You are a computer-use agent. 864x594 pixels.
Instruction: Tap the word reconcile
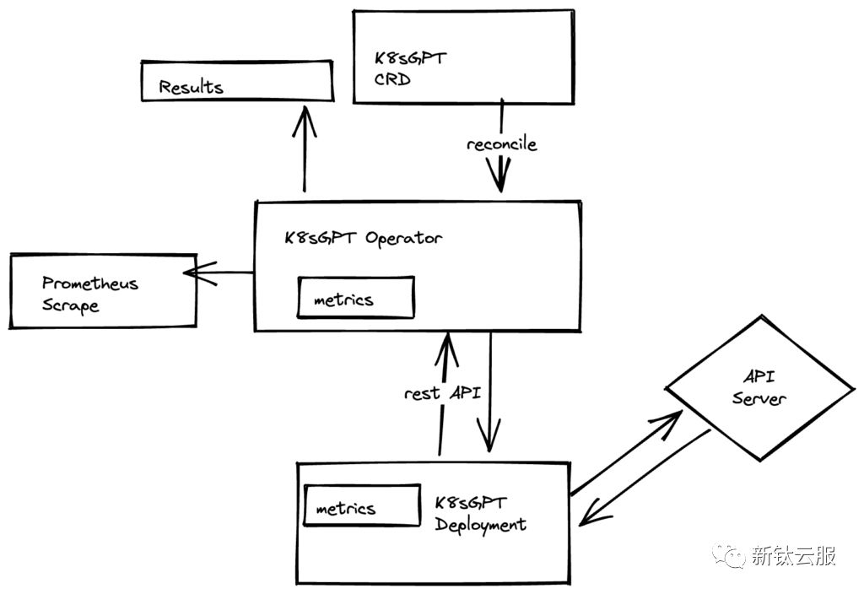tap(502, 144)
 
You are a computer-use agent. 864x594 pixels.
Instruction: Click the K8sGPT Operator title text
tap(363, 238)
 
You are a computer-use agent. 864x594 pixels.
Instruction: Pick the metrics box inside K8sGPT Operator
tap(356, 298)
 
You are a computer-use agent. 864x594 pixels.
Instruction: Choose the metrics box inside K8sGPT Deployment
tap(361, 507)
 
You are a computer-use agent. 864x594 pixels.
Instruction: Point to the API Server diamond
tap(759, 388)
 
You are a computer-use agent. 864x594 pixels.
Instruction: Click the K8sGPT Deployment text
tap(480, 514)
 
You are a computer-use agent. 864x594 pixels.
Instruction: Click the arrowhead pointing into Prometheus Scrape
tap(194, 272)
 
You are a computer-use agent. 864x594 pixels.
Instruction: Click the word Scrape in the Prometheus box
tap(71, 306)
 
